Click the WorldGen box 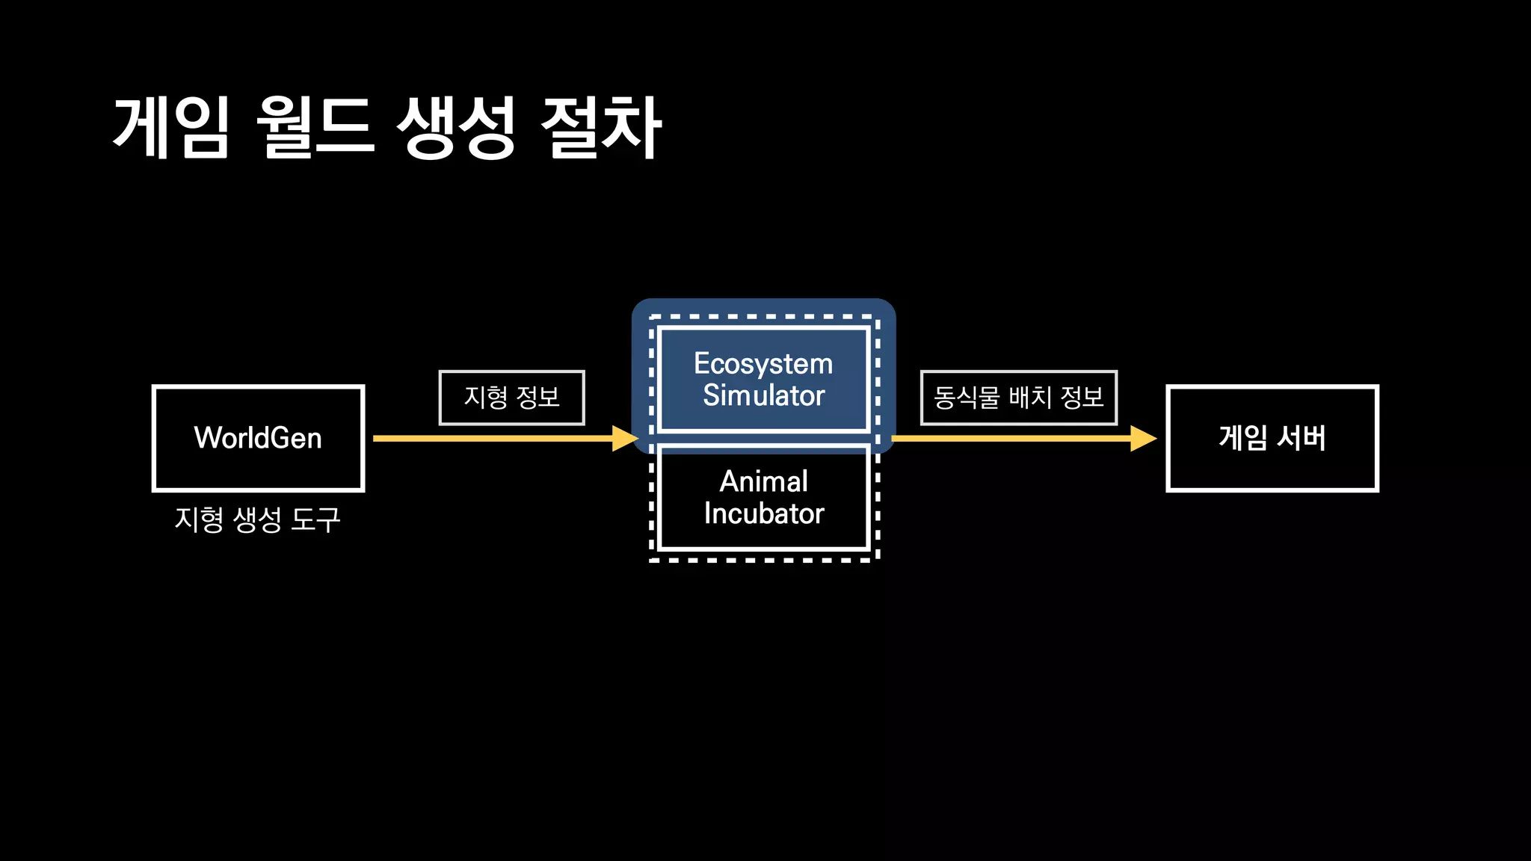click(258, 438)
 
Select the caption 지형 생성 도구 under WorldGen click(258, 519)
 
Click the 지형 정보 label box click(512, 398)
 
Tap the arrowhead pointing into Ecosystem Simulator click(625, 439)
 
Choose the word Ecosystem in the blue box click(763, 364)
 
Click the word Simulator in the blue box click(763, 395)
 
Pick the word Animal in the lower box click(763, 481)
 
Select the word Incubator click(763, 514)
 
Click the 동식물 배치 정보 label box click(1018, 398)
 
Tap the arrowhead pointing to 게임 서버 click(1143, 439)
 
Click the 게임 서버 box click(1272, 438)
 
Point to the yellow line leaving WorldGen click(486, 439)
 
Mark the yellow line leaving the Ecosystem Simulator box click(1009, 439)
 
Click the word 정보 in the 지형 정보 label click(538, 398)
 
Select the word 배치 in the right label click(1030, 398)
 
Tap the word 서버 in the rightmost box click(1301, 438)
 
